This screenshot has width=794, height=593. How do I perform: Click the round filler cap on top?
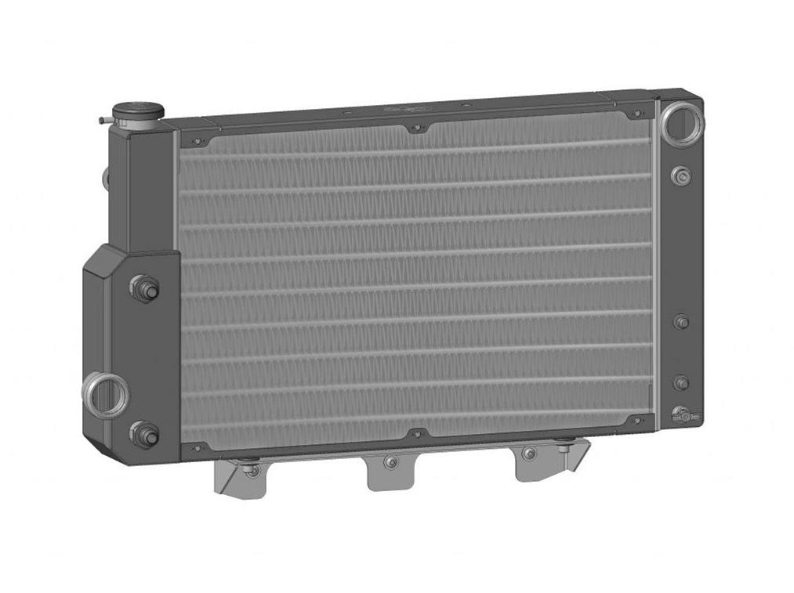click(x=137, y=110)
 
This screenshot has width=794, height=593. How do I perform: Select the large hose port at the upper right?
click(x=682, y=121)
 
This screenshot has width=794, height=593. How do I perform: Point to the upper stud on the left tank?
click(x=146, y=288)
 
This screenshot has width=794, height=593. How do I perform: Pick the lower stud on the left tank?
click(x=145, y=433)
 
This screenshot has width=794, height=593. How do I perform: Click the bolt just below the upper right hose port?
click(x=681, y=175)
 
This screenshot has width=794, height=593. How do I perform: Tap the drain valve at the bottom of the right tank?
click(x=682, y=415)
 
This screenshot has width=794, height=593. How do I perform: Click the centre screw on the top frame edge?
click(x=416, y=128)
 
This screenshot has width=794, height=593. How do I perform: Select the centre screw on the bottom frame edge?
click(x=417, y=433)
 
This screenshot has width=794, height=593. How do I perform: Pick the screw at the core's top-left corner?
click(x=196, y=142)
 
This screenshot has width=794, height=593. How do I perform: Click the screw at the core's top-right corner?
click(x=638, y=114)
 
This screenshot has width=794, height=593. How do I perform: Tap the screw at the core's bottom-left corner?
click(x=196, y=448)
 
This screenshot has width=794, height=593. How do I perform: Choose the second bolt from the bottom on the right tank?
click(x=681, y=382)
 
